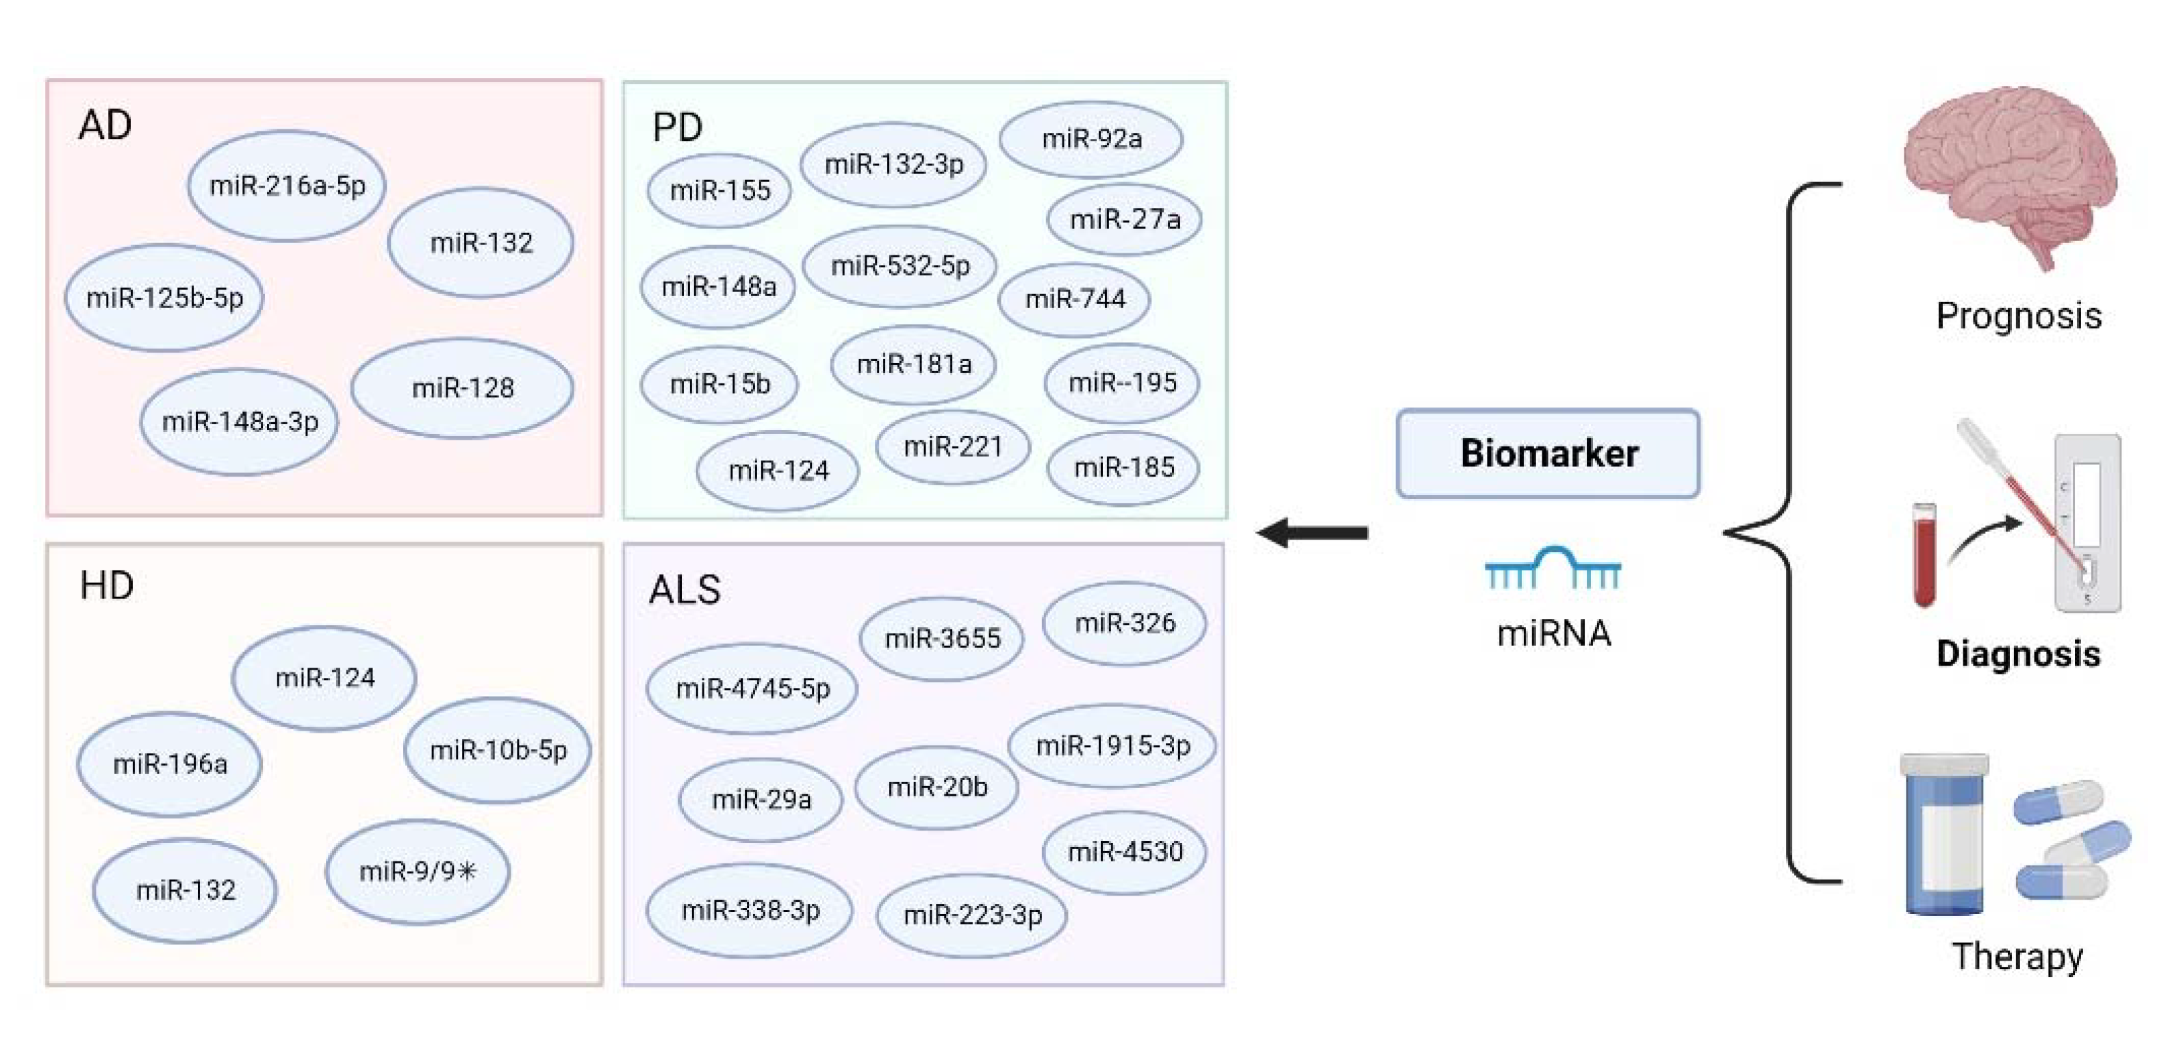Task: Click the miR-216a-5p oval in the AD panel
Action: click(x=287, y=185)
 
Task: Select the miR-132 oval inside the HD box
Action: click(x=185, y=889)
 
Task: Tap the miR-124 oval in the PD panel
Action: click(x=778, y=470)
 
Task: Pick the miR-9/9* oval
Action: click(x=418, y=871)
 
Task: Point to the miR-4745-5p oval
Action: click(x=752, y=688)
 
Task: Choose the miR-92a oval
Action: click(x=1092, y=139)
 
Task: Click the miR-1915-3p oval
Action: click(x=1112, y=746)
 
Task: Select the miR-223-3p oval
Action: click(x=972, y=914)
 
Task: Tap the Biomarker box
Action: click(x=1548, y=453)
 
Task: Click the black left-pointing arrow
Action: click(x=1313, y=533)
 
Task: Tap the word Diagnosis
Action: click(x=2018, y=654)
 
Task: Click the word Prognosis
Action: click(x=2018, y=316)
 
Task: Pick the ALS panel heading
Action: click(x=685, y=590)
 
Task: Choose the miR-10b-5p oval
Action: click(x=498, y=749)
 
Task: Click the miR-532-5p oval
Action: click(x=900, y=266)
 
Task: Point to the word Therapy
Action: click(x=2017, y=957)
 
